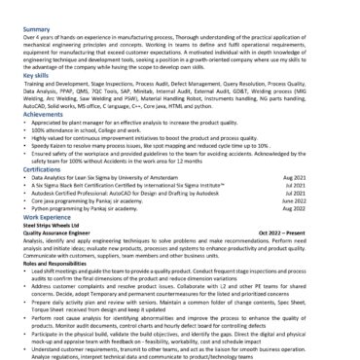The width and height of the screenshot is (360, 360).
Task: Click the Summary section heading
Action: [x=36, y=30]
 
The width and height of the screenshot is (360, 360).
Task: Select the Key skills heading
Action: [x=37, y=74]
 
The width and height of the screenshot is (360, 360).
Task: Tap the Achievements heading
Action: [x=42, y=114]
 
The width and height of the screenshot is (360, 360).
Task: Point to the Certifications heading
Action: [x=43, y=167]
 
